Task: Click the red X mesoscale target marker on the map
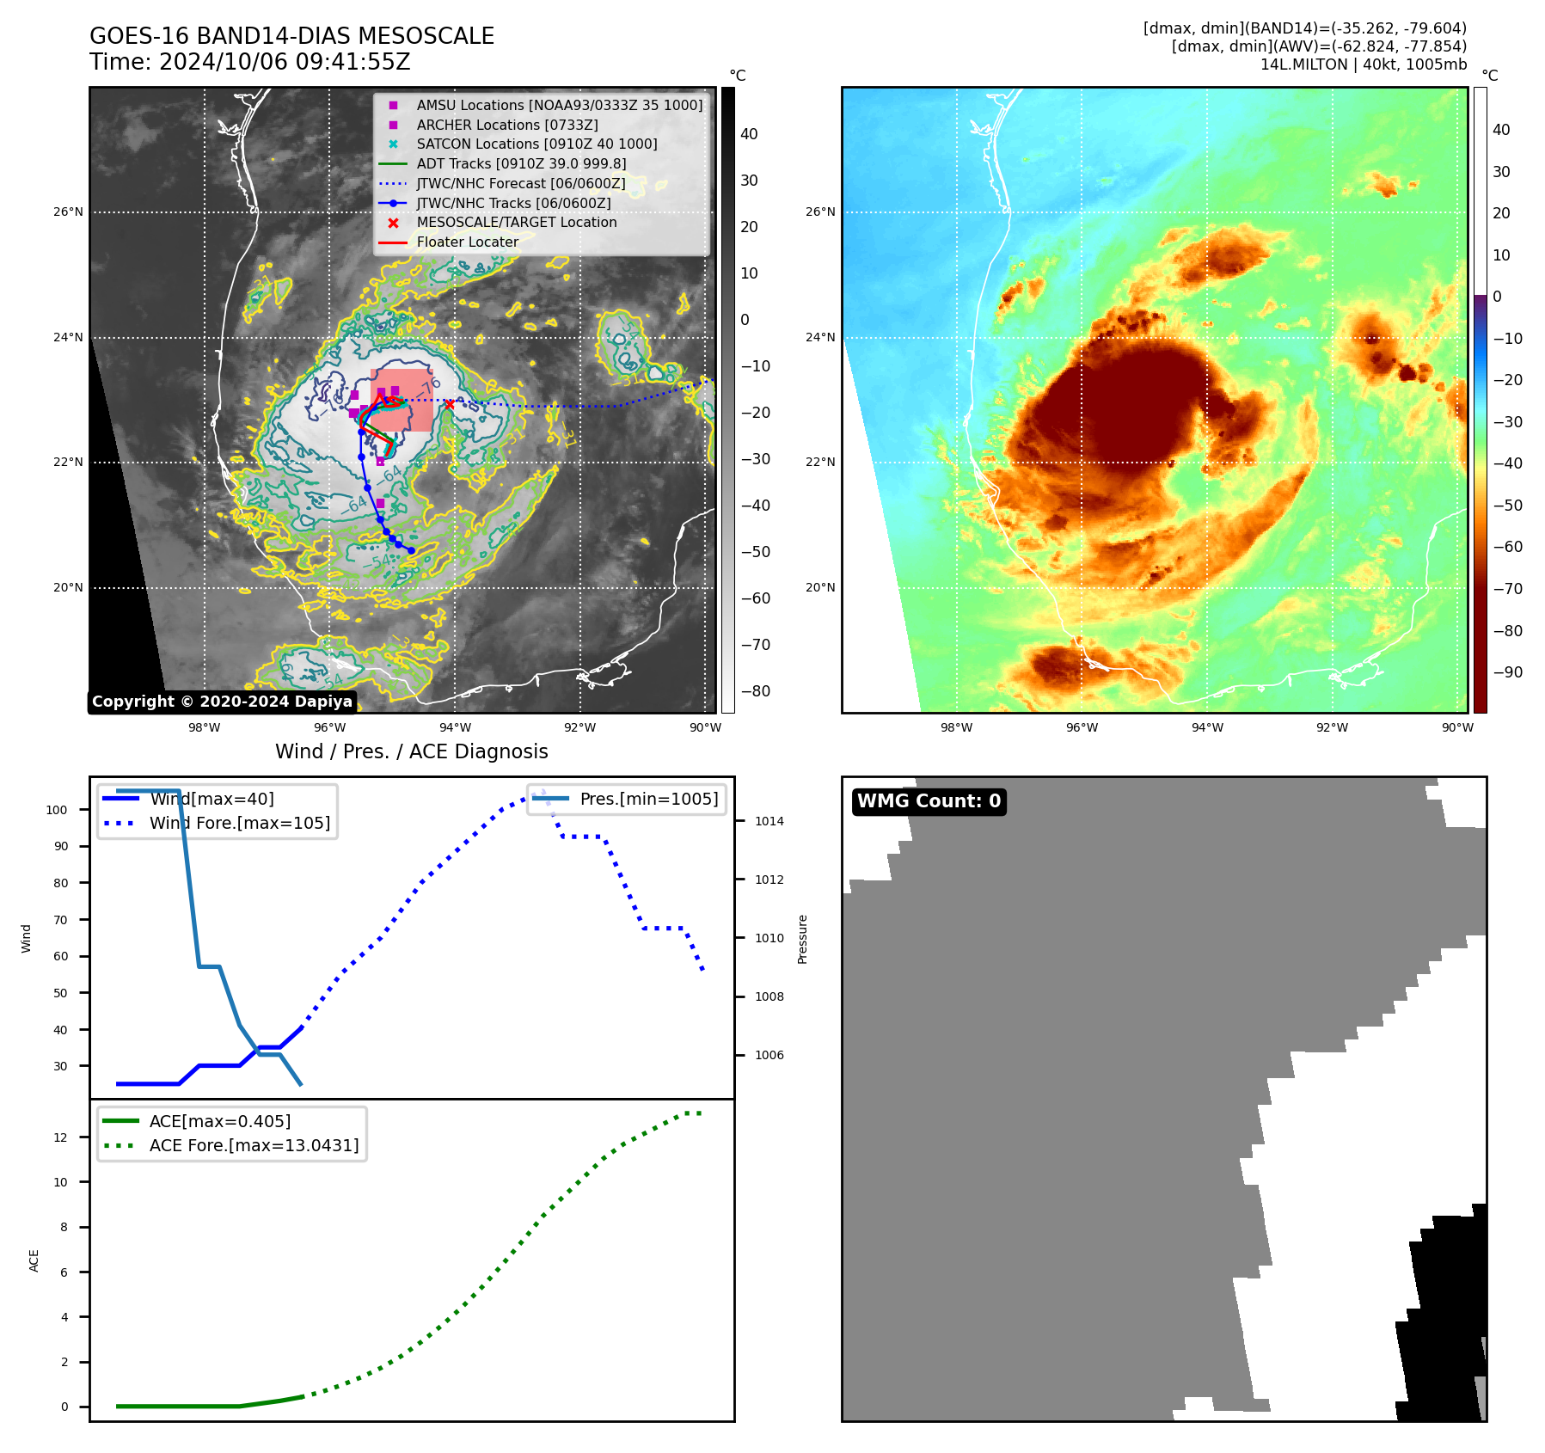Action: click(x=449, y=404)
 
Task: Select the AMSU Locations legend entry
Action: click(x=559, y=105)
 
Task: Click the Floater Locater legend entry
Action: click(x=467, y=242)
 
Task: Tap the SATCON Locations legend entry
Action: click(x=536, y=144)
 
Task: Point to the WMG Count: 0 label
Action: click(x=929, y=801)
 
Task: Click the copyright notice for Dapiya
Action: click(x=222, y=702)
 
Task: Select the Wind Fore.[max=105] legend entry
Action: click(x=239, y=824)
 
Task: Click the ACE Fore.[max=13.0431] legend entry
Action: click(x=254, y=1145)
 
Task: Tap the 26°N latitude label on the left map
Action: click(x=68, y=212)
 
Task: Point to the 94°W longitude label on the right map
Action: click(x=1207, y=727)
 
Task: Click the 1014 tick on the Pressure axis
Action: click(x=769, y=821)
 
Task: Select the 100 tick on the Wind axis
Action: click(x=57, y=810)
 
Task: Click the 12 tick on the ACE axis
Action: click(x=60, y=1137)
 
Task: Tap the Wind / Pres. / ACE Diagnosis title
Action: click(x=411, y=751)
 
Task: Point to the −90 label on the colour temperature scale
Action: click(x=1507, y=672)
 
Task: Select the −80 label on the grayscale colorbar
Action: click(x=755, y=691)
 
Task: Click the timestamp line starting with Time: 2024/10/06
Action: click(x=249, y=62)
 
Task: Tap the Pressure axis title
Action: click(x=802, y=939)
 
